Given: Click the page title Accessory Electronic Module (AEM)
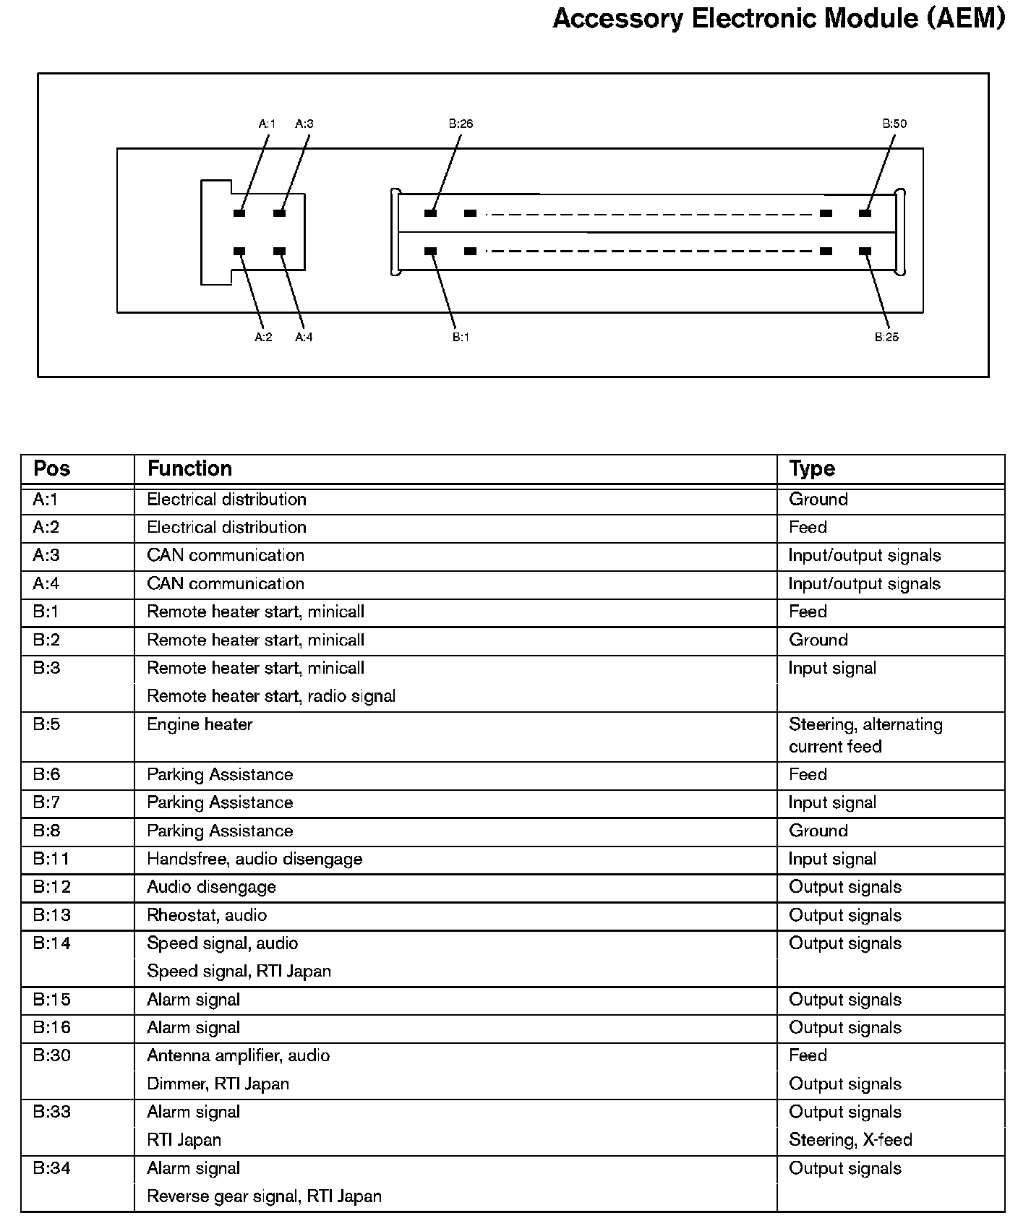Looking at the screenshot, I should (x=779, y=19).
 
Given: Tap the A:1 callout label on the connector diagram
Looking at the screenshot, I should (x=267, y=124).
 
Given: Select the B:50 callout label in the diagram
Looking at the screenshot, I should (x=894, y=124).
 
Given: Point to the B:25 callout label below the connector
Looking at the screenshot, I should (x=887, y=337).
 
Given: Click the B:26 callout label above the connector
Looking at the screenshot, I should (x=461, y=124).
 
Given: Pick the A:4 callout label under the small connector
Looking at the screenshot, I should (x=304, y=337).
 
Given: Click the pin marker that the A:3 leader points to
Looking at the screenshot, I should (x=280, y=213).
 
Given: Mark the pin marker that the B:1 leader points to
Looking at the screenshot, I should (x=431, y=252).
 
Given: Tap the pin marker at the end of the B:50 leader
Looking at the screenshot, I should (x=865, y=213).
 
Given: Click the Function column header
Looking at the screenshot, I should (x=189, y=468).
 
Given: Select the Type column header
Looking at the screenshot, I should (x=812, y=468).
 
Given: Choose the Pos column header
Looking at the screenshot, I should (x=52, y=468).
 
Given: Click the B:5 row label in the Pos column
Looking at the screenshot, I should (x=46, y=724).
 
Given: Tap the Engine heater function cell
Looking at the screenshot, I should (x=200, y=724).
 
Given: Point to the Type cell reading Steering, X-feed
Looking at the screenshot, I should (x=850, y=1140).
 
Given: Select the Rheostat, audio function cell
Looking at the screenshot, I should (x=207, y=915).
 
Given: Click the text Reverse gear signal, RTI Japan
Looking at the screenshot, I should (x=264, y=1196).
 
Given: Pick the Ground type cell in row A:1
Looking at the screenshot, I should (x=818, y=500).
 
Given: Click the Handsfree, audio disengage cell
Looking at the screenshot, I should (x=254, y=859).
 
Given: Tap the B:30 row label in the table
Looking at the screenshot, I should (x=52, y=1055).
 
